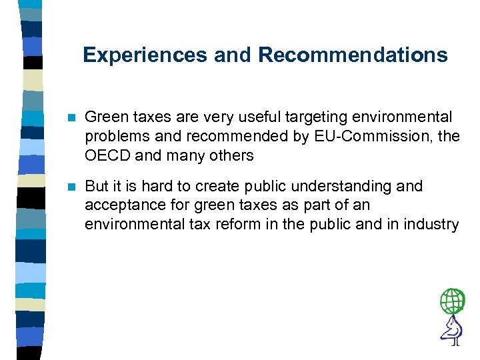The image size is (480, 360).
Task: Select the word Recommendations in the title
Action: point(353,55)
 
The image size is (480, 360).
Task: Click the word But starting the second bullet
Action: point(97,186)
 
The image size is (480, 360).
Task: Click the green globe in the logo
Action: point(453,302)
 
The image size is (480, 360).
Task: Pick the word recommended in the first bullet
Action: point(217,137)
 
